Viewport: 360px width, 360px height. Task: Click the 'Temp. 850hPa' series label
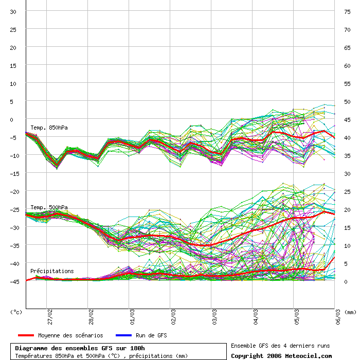pos(49,128)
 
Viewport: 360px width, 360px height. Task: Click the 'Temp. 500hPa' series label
pos(49,207)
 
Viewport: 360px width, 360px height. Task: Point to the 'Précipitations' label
pos(51,271)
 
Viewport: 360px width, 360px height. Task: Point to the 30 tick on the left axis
pos(14,11)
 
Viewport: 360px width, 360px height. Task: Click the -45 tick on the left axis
pos(13,281)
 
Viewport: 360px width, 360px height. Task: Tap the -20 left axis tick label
pos(13,191)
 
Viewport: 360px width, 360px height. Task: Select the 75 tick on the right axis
pos(348,11)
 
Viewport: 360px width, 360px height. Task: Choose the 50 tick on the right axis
pos(348,101)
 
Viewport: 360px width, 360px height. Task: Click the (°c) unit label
pos(16,312)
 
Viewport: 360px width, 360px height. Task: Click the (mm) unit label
pos(350,312)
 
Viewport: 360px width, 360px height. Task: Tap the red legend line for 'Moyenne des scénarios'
pos(25,335)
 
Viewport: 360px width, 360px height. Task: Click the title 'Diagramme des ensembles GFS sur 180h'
pos(80,348)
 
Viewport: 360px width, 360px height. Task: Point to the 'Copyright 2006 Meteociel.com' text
pos(281,355)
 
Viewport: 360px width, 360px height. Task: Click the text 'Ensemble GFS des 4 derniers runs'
pos(280,346)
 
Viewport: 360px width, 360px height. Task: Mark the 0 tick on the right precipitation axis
pos(346,281)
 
